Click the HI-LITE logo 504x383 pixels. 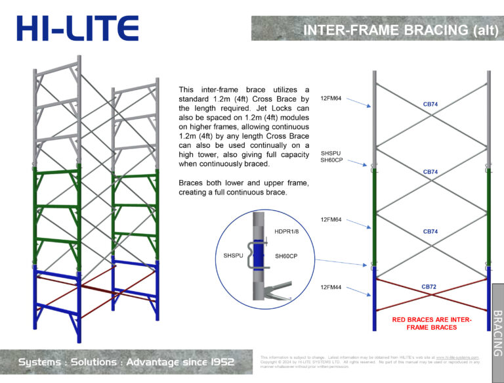tap(77, 28)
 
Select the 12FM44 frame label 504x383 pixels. tap(330, 288)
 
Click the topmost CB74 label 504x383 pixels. tap(430, 104)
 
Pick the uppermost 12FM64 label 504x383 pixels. tap(330, 98)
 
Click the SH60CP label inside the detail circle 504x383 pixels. tap(286, 256)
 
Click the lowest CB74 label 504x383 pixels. tap(430, 231)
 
